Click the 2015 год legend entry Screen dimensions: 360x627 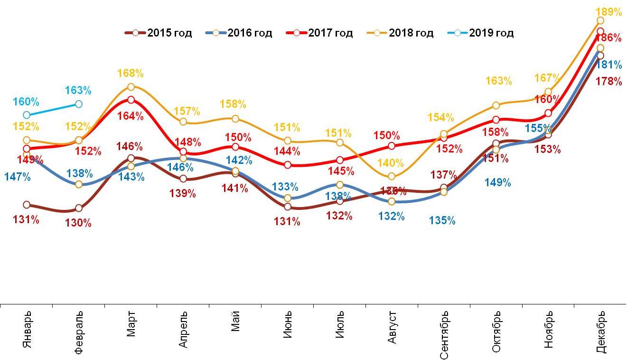tap(159, 33)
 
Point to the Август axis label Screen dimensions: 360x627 tap(392, 329)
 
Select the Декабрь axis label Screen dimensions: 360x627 tap(600, 332)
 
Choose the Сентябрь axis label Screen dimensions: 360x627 tap(444, 334)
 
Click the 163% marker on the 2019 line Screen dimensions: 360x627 tap(79, 104)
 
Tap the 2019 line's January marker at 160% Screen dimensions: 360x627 tap(27, 115)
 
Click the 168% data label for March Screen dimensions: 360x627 tap(131, 74)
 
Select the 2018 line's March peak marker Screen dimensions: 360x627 tap(131, 87)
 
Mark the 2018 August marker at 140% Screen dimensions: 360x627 tap(392, 177)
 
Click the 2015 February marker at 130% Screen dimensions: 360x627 tap(79, 208)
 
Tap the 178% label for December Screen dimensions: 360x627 tap(610, 82)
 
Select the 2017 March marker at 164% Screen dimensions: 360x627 tap(131, 100)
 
